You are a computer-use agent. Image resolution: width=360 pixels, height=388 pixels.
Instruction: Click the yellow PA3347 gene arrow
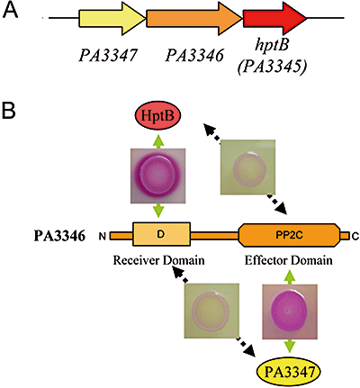[112, 18]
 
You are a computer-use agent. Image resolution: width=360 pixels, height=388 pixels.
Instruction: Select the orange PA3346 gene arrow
[194, 18]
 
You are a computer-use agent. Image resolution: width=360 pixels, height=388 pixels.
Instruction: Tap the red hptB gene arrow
[274, 18]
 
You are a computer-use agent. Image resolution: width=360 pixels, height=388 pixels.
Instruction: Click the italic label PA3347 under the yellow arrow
[108, 55]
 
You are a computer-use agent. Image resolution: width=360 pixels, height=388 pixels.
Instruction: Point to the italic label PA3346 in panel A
[194, 55]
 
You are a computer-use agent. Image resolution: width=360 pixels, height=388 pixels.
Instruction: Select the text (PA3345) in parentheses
[273, 67]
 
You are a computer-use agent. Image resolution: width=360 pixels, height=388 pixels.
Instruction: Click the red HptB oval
[157, 116]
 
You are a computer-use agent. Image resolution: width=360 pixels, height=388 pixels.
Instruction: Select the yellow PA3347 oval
[289, 373]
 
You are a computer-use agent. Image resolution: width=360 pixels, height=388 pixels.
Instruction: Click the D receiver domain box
[161, 234]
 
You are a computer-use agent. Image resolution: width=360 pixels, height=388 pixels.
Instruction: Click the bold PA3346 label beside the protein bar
[59, 236]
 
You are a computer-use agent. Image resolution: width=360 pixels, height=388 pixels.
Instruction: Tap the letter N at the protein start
[103, 237]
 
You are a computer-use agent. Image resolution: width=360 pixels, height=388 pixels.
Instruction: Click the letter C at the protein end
[355, 237]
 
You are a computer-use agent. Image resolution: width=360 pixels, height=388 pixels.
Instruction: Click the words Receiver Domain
[158, 260]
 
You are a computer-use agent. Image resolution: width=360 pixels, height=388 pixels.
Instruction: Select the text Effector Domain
[289, 260]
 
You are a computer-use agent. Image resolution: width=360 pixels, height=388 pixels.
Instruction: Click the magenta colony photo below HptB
[157, 176]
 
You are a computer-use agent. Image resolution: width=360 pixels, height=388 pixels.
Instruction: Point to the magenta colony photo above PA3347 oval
[290, 311]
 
